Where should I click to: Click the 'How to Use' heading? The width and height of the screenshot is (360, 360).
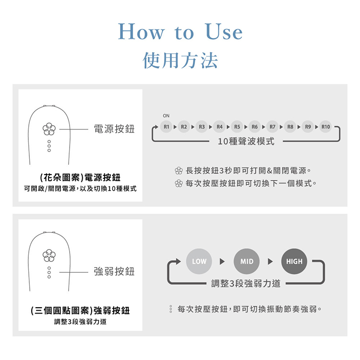click(x=180, y=32)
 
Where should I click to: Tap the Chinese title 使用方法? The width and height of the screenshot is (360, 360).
click(x=180, y=61)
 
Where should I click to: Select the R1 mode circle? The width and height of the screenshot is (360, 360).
click(x=166, y=127)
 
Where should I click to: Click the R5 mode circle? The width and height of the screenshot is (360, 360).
click(x=237, y=127)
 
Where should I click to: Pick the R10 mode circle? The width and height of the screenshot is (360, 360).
click(x=326, y=127)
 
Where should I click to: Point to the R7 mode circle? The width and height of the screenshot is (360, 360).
click(x=272, y=127)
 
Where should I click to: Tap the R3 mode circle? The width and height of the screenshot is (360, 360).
click(x=201, y=127)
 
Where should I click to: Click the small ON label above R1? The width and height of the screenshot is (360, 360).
click(x=166, y=116)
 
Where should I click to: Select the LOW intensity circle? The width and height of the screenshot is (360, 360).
click(x=199, y=262)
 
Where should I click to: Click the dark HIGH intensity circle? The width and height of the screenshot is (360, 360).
click(x=294, y=262)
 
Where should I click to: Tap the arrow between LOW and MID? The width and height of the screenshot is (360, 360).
click(x=222, y=262)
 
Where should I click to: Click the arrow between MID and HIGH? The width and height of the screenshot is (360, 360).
click(x=270, y=262)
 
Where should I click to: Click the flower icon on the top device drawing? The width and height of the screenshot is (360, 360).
click(x=49, y=129)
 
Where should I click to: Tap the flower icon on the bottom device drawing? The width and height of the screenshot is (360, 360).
click(x=49, y=255)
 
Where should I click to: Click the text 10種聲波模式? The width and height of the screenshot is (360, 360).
click(x=246, y=141)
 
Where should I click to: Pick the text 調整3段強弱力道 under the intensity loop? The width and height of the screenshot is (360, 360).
click(x=246, y=283)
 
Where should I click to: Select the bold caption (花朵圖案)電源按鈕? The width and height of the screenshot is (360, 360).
click(x=80, y=177)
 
